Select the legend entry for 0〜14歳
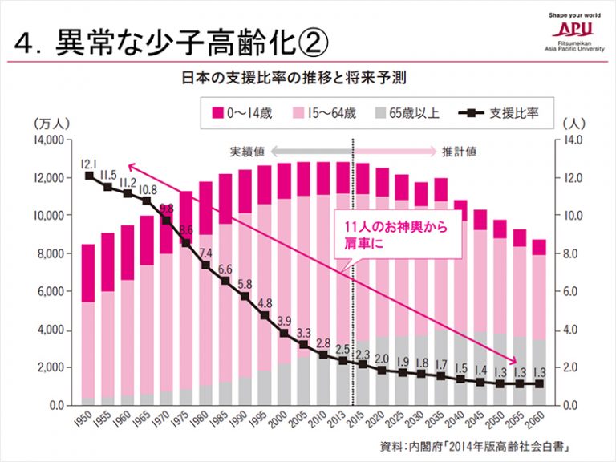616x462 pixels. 241,112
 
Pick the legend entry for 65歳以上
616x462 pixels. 408,112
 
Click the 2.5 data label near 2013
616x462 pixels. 342,350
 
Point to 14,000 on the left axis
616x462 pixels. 47,140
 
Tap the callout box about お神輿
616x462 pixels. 398,234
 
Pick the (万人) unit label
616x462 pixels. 52,124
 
